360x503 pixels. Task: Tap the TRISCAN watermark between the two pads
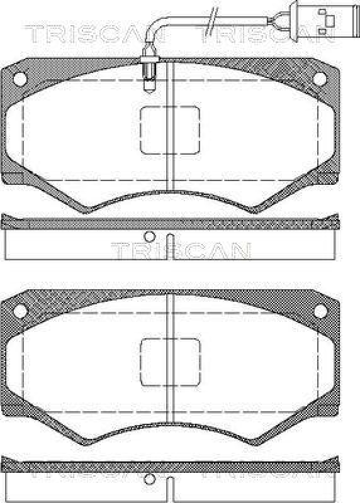click(181, 250)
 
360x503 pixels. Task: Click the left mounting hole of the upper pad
click(19, 78)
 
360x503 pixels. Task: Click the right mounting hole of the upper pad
click(320, 78)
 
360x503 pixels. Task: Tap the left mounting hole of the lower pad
click(19, 310)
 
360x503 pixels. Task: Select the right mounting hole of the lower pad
click(320, 310)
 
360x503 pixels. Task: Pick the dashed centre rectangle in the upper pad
click(169, 130)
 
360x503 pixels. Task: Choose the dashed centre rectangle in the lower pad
click(169, 362)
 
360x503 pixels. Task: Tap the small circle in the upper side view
click(149, 237)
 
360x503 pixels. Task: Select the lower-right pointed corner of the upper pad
click(258, 210)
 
